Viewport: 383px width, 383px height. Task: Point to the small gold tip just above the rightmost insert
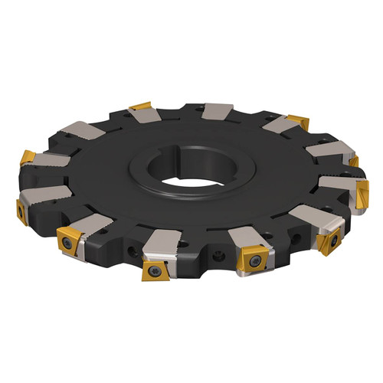tap(353, 162)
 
